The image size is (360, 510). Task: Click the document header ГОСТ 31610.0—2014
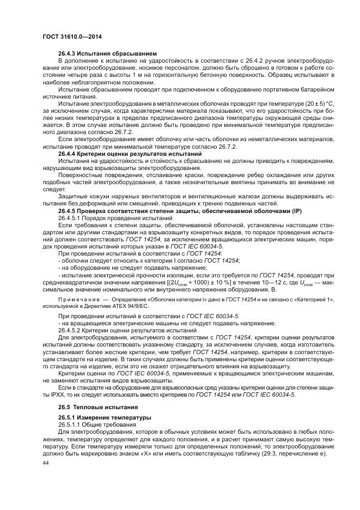pos(72,37)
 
